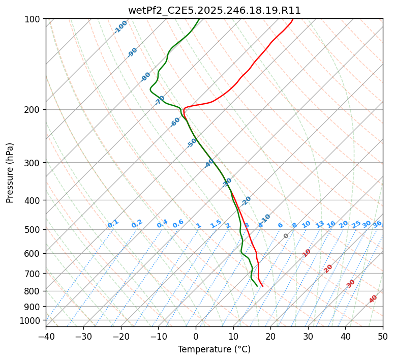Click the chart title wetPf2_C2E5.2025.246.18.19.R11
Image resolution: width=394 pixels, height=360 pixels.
click(214, 11)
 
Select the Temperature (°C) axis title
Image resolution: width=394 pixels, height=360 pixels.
click(214, 349)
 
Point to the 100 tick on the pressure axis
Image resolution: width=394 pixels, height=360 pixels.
click(33, 19)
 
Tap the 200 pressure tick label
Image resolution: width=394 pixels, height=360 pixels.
click(33, 110)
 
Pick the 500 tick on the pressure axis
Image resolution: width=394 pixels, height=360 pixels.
click(33, 230)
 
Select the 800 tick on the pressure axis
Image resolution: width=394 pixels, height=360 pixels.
click(33, 291)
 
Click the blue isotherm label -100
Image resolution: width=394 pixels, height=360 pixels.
click(120, 27)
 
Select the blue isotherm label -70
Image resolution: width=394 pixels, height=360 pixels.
click(160, 100)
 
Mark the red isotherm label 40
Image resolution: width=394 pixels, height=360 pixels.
click(373, 299)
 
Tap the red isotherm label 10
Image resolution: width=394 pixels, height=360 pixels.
click(307, 253)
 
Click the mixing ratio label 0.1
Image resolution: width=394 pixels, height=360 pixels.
click(113, 224)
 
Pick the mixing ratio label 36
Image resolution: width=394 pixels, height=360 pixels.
click(377, 224)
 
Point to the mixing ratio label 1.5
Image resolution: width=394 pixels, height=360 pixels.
click(216, 224)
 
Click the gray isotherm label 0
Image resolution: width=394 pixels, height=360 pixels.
click(286, 236)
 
